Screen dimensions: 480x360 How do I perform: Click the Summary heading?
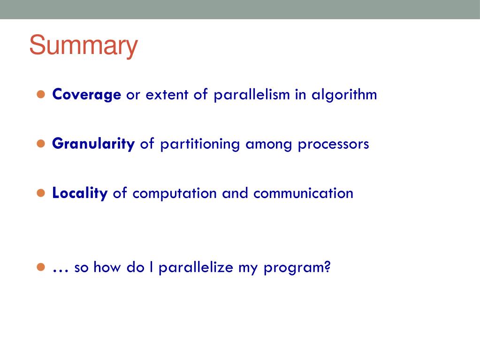point(83,46)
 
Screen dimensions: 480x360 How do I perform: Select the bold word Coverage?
point(87,95)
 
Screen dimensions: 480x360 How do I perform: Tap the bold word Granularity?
point(93,144)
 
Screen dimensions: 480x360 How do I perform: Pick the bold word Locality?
point(80,193)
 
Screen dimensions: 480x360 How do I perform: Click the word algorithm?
point(344,95)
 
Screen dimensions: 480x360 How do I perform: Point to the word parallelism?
point(251,95)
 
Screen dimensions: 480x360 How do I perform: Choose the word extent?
point(167,95)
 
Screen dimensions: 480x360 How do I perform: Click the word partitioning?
point(200,145)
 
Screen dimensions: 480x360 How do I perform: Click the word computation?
point(175,194)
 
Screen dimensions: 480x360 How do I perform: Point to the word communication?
point(304,193)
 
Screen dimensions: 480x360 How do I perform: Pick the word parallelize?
point(196,268)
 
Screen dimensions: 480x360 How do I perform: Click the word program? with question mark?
point(297,268)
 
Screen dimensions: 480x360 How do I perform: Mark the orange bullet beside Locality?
point(41,193)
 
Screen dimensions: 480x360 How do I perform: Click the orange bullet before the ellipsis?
point(41,267)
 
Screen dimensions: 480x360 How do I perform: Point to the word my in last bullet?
point(248,269)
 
